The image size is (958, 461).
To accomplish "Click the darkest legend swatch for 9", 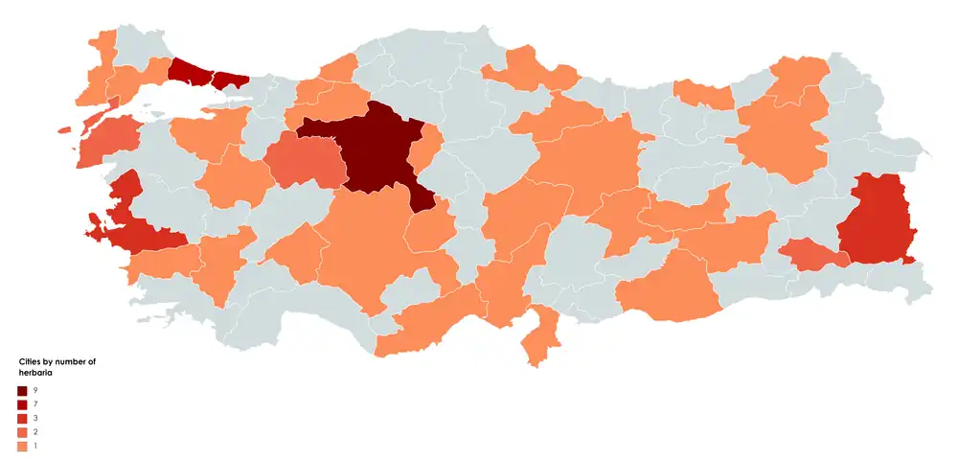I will (x=22, y=391).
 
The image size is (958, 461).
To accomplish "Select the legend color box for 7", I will (x=22, y=405).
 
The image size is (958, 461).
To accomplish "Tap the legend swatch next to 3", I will (x=22, y=419).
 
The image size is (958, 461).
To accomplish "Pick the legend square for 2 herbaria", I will (x=22, y=432).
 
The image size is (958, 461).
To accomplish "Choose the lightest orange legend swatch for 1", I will (x=22, y=446).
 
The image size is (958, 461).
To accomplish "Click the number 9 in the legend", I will (x=35, y=391).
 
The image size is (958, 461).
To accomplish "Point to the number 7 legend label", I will (x=35, y=405).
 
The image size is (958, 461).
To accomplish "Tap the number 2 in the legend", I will (x=35, y=432).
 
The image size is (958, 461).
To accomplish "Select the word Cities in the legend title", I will (x=30, y=361).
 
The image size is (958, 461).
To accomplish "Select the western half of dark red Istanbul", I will (x=190, y=71).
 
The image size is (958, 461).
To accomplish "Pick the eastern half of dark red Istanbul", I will (x=230, y=80).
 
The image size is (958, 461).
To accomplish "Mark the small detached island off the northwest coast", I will (x=64, y=129).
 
